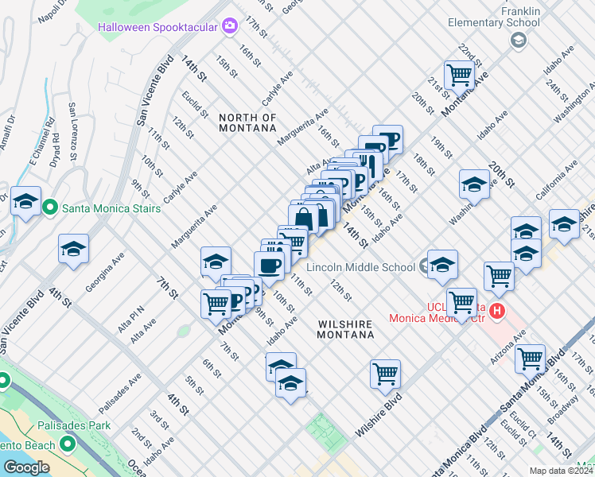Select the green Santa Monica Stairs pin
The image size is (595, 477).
click(50, 208)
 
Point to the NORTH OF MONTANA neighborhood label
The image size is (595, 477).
click(247, 123)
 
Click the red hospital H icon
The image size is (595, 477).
click(498, 310)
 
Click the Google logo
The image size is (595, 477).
click(26, 467)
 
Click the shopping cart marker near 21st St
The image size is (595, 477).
click(459, 75)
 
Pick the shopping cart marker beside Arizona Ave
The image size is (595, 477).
click(530, 358)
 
